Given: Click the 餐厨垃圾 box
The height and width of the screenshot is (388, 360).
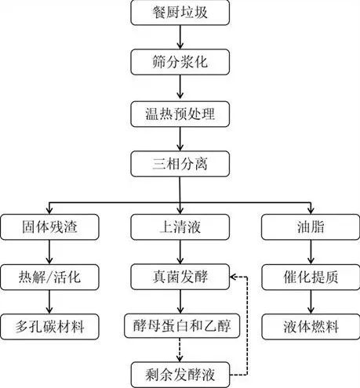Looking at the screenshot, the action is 180,13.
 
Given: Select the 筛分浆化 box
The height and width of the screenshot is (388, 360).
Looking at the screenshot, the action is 180,62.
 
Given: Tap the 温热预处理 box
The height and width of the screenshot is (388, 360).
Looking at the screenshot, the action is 180,114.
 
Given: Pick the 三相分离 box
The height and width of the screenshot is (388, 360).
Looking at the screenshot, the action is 180,164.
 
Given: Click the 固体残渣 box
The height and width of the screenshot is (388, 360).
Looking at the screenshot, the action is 49,227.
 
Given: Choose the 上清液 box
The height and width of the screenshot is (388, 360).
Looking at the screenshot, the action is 180,227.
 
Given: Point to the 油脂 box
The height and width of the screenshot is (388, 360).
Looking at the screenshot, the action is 311,227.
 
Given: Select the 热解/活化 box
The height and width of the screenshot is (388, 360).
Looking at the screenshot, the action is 49,277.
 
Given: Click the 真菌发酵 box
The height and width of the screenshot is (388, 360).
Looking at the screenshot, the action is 180,277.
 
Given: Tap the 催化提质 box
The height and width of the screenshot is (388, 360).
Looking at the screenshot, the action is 311,277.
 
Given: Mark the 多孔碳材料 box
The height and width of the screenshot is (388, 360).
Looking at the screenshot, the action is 49,327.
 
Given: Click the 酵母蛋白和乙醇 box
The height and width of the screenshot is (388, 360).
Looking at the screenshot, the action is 182,326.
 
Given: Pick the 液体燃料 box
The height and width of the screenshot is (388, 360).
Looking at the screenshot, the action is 311,327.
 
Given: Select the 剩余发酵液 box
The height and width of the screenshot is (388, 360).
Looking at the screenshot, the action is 180,375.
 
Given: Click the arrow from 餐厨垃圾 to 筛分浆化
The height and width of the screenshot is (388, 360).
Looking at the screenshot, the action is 180,38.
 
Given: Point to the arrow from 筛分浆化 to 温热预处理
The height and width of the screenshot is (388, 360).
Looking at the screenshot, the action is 180,87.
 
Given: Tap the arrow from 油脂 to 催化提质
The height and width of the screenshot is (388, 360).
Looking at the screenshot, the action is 311,252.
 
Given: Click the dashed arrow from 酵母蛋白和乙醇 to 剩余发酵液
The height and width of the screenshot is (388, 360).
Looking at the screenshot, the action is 180,350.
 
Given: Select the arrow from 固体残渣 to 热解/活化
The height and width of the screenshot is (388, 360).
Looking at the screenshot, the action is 49,252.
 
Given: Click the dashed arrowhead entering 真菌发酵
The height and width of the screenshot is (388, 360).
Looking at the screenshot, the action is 233,277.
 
